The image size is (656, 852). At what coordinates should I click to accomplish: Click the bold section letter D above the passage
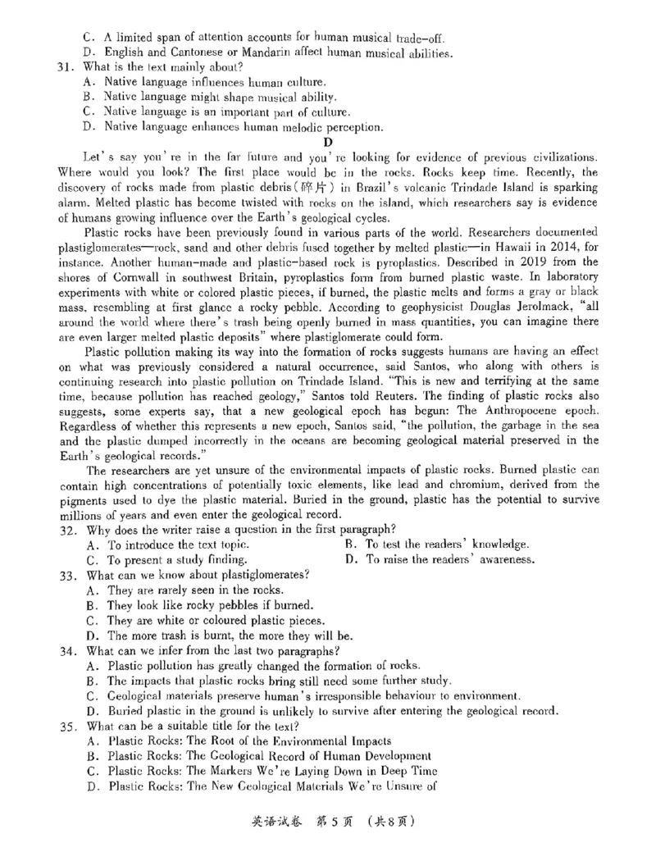327,141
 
